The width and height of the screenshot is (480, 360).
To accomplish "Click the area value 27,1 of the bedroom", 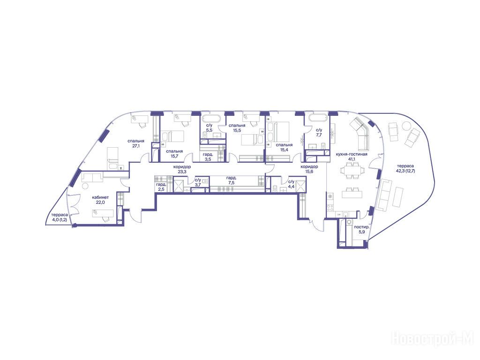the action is [x=136, y=146].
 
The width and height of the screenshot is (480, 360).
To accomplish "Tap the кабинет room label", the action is [x=100, y=197].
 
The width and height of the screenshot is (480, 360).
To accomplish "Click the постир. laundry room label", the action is [x=361, y=227].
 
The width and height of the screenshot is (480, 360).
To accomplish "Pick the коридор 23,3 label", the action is [x=182, y=169].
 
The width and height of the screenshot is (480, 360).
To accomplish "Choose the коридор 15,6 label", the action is [x=309, y=169].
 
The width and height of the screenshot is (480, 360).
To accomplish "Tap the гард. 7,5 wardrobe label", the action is [x=231, y=180].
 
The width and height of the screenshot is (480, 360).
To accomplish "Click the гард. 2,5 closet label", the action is [x=161, y=187].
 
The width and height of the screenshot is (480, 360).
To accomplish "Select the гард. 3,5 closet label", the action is [x=208, y=157].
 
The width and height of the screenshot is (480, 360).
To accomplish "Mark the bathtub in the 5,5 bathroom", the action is [x=213, y=119].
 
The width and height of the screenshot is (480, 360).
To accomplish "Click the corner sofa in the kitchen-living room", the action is [x=361, y=133].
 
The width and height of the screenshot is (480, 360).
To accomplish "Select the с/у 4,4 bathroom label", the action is [x=292, y=184].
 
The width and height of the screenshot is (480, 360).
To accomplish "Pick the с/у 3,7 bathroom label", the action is [x=198, y=182].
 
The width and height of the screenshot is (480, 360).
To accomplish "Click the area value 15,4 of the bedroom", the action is [x=284, y=150].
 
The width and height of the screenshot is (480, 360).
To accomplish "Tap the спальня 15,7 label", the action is [x=174, y=154].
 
